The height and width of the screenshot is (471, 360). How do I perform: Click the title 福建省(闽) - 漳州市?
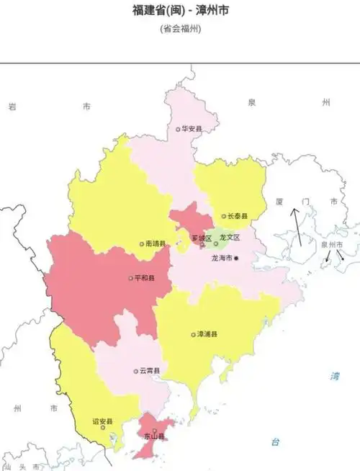pyautogui.click(x=180, y=10)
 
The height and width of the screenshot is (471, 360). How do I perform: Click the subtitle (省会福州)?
pyautogui.click(x=180, y=30)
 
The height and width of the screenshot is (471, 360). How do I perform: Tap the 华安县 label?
pyautogui.click(x=192, y=129)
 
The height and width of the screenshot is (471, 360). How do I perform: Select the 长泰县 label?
pyautogui.click(x=238, y=216)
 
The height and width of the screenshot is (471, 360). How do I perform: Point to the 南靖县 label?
pyautogui.click(x=156, y=243)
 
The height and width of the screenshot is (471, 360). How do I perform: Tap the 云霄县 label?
pyautogui.click(x=150, y=371)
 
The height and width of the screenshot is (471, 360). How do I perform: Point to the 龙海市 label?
pyautogui.click(x=221, y=258)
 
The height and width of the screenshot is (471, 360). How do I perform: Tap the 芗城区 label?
pyautogui.click(x=202, y=238)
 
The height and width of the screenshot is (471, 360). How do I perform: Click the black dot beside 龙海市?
pyautogui.click(x=235, y=258)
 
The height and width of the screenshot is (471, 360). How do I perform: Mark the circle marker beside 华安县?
pyautogui.click(x=179, y=130)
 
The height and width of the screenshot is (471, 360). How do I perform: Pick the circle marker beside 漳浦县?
pyautogui.click(x=192, y=334)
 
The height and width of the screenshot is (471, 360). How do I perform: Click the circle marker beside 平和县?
pyautogui.click(x=131, y=277)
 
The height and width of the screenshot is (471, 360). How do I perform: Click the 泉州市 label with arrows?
pyautogui.click(x=333, y=245)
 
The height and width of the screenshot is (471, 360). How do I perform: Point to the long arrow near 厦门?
pyautogui.click(x=296, y=227)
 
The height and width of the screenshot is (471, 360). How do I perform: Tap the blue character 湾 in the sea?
pyautogui.click(x=334, y=376)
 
